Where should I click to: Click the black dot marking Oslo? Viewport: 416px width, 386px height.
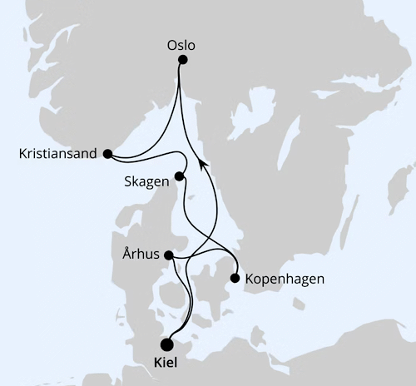click(183, 60)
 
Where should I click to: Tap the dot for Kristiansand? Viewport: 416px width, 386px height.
click(107, 153)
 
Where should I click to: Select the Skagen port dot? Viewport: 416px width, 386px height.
click(179, 177)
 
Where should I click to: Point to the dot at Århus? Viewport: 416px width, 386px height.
click(169, 255)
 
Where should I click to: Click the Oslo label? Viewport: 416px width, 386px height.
click(181, 45)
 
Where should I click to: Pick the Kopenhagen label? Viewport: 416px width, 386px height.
click(285, 279)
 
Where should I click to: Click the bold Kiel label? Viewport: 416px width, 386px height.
click(166, 364)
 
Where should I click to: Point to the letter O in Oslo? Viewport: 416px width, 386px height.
click(171, 45)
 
